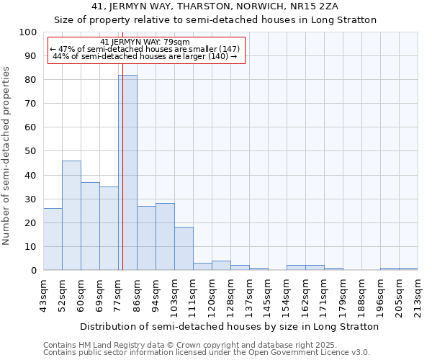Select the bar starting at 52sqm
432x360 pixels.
[71, 215]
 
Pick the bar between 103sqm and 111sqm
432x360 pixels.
[184, 248]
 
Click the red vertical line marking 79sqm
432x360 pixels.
[122, 180]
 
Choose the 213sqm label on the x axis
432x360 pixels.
[418, 295]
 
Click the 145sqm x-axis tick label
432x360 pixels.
[269, 295]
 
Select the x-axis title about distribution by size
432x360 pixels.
[229, 327]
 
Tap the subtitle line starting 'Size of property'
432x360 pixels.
[216, 19]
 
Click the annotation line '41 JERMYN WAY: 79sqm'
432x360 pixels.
[145, 42]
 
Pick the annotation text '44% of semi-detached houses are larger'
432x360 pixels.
[145, 56]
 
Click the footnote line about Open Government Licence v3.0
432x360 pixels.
[207, 353]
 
